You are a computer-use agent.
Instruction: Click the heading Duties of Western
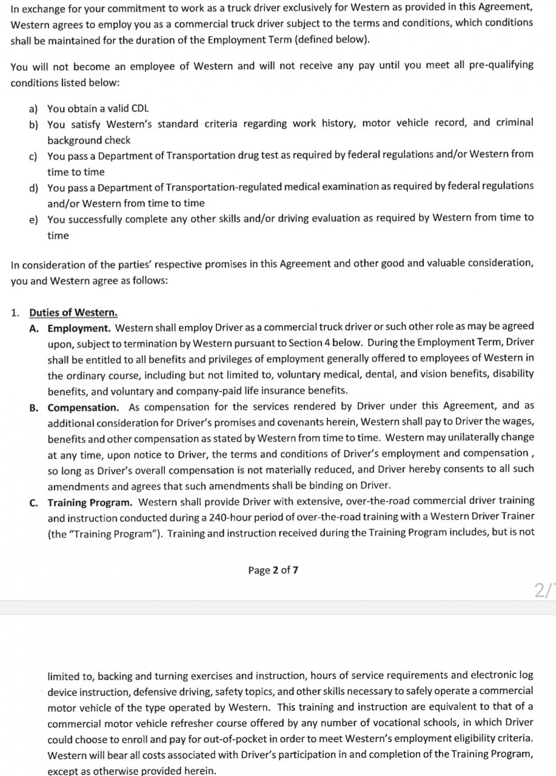coord(73,313)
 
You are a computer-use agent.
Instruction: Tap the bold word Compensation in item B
coord(83,407)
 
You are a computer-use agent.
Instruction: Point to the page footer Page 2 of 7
coord(273,570)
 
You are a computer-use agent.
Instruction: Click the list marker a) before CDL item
coord(33,109)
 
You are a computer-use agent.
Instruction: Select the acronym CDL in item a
coord(137,109)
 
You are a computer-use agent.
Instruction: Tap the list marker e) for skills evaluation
coord(33,219)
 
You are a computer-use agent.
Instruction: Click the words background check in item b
coord(89,140)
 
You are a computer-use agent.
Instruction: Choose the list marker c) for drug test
coord(33,156)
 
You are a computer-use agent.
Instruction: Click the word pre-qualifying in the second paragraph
coord(501,65)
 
